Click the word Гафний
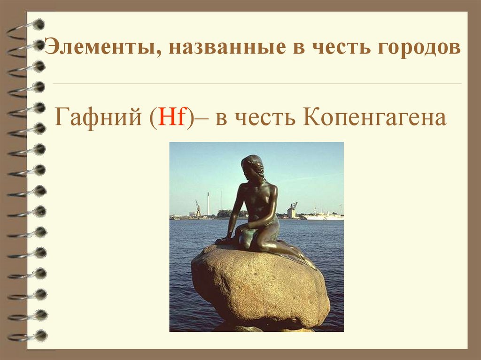[99, 118]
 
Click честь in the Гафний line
[264, 118]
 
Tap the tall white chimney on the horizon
[208, 203]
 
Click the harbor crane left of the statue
[198, 208]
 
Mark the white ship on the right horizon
[324, 216]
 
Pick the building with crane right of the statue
[292, 211]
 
